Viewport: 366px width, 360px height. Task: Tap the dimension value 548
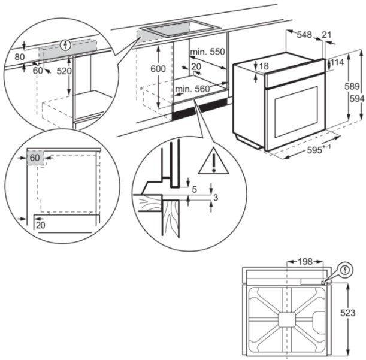(x=304, y=35)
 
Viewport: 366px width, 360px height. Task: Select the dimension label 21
(x=326, y=35)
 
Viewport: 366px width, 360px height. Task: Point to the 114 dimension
(x=337, y=63)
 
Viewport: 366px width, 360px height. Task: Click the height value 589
(x=356, y=87)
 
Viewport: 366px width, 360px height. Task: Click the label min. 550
(x=208, y=52)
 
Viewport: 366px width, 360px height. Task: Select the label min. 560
(x=192, y=89)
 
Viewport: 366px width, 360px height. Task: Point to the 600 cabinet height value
(x=158, y=69)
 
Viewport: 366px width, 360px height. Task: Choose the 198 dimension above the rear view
(x=305, y=262)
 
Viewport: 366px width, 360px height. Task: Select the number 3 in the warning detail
(x=216, y=197)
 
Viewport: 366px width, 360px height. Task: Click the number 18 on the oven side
(x=264, y=66)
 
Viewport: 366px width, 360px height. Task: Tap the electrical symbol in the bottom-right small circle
(x=344, y=271)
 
